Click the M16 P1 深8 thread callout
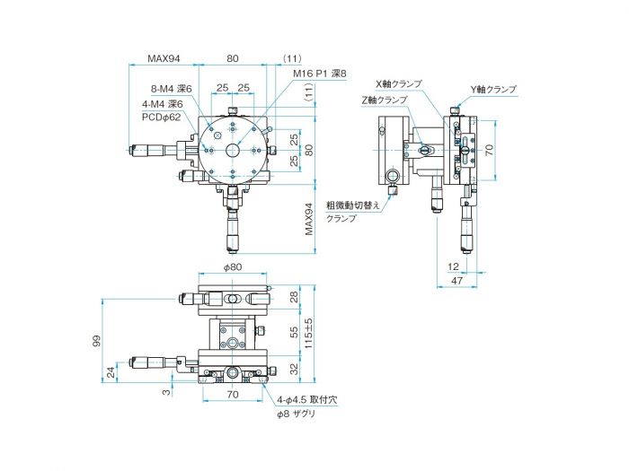click(x=319, y=74)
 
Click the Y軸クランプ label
click(x=493, y=90)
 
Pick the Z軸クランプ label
click(x=384, y=100)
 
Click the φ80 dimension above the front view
click(x=233, y=268)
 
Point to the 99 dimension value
click(x=96, y=341)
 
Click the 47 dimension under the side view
click(x=457, y=282)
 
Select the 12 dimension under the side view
click(x=452, y=266)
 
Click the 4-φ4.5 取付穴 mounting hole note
click(x=308, y=398)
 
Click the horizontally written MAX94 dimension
click(x=164, y=58)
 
